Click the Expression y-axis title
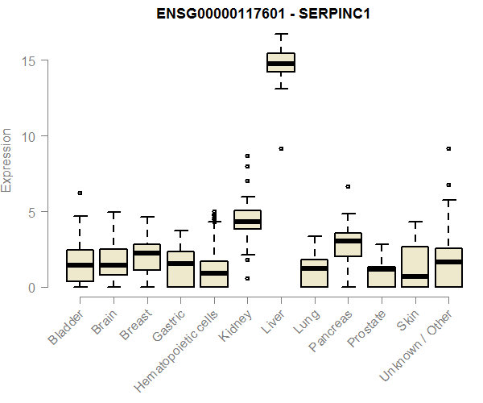point(7,160)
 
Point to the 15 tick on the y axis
point(31,60)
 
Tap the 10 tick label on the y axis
point(31,136)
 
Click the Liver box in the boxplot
point(281,62)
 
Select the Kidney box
point(247,219)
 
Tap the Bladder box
point(80,265)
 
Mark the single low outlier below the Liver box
point(281,148)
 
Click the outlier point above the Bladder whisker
point(80,193)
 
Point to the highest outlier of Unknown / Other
point(448,148)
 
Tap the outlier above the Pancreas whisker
point(348,186)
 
